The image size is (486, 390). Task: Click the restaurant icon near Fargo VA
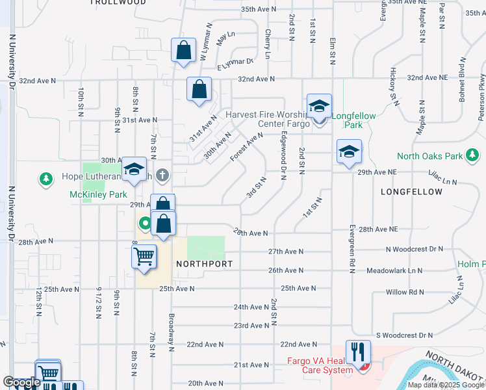(358, 352)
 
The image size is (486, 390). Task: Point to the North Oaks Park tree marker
(474, 155)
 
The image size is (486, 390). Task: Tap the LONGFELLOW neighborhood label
(413, 192)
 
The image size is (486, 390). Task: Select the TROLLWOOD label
(118, 3)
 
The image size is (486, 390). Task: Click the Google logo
(21, 382)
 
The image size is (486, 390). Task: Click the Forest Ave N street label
(246, 148)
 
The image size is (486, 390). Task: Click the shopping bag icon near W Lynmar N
(184, 51)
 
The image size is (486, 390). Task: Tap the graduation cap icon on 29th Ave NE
(349, 151)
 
